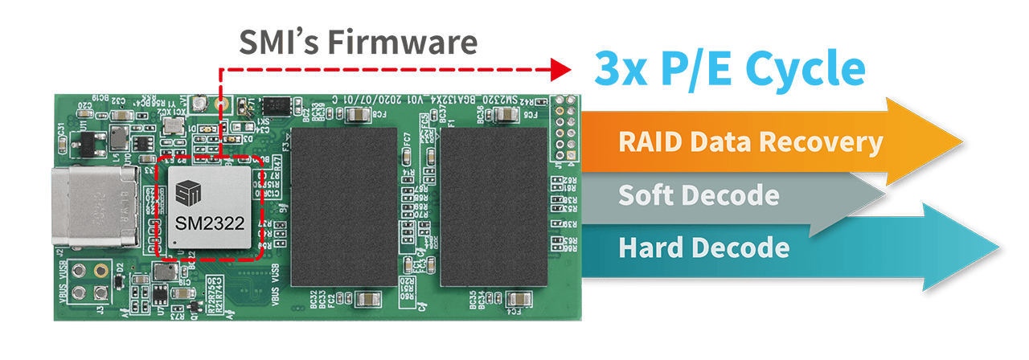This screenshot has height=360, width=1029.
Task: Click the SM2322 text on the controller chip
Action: [x=208, y=224]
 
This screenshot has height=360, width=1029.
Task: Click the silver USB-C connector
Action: [x=96, y=207]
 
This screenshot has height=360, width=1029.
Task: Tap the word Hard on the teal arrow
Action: [x=647, y=247]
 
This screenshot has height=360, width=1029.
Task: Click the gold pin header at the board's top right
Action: [x=568, y=129]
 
